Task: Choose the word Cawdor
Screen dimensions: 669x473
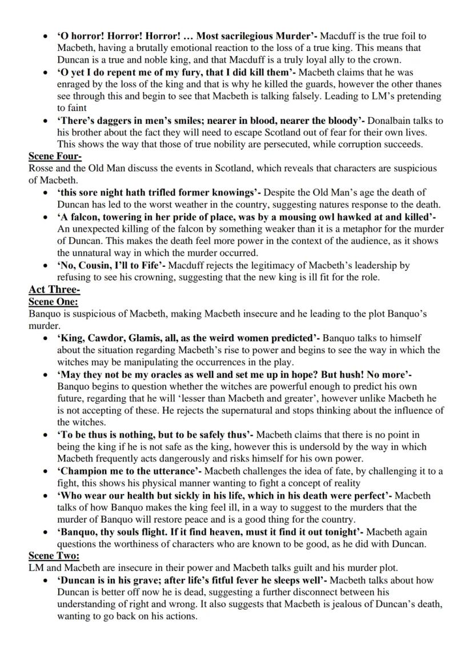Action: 109,338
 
